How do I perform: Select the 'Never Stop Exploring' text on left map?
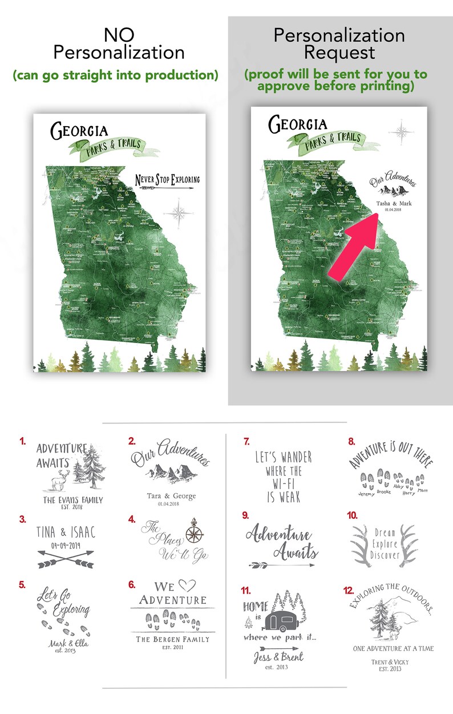pyautogui.click(x=164, y=181)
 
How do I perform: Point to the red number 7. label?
pyautogui.click(x=246, y=441)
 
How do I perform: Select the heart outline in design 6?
pyautogui.click(x=183, y=586)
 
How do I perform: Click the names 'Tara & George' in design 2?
pyautogui.click(x=163, y=496)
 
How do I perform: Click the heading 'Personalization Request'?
pyautogui.click(x=339, y=43)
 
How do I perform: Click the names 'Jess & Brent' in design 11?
pyautogui.click(x=278, y=657)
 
